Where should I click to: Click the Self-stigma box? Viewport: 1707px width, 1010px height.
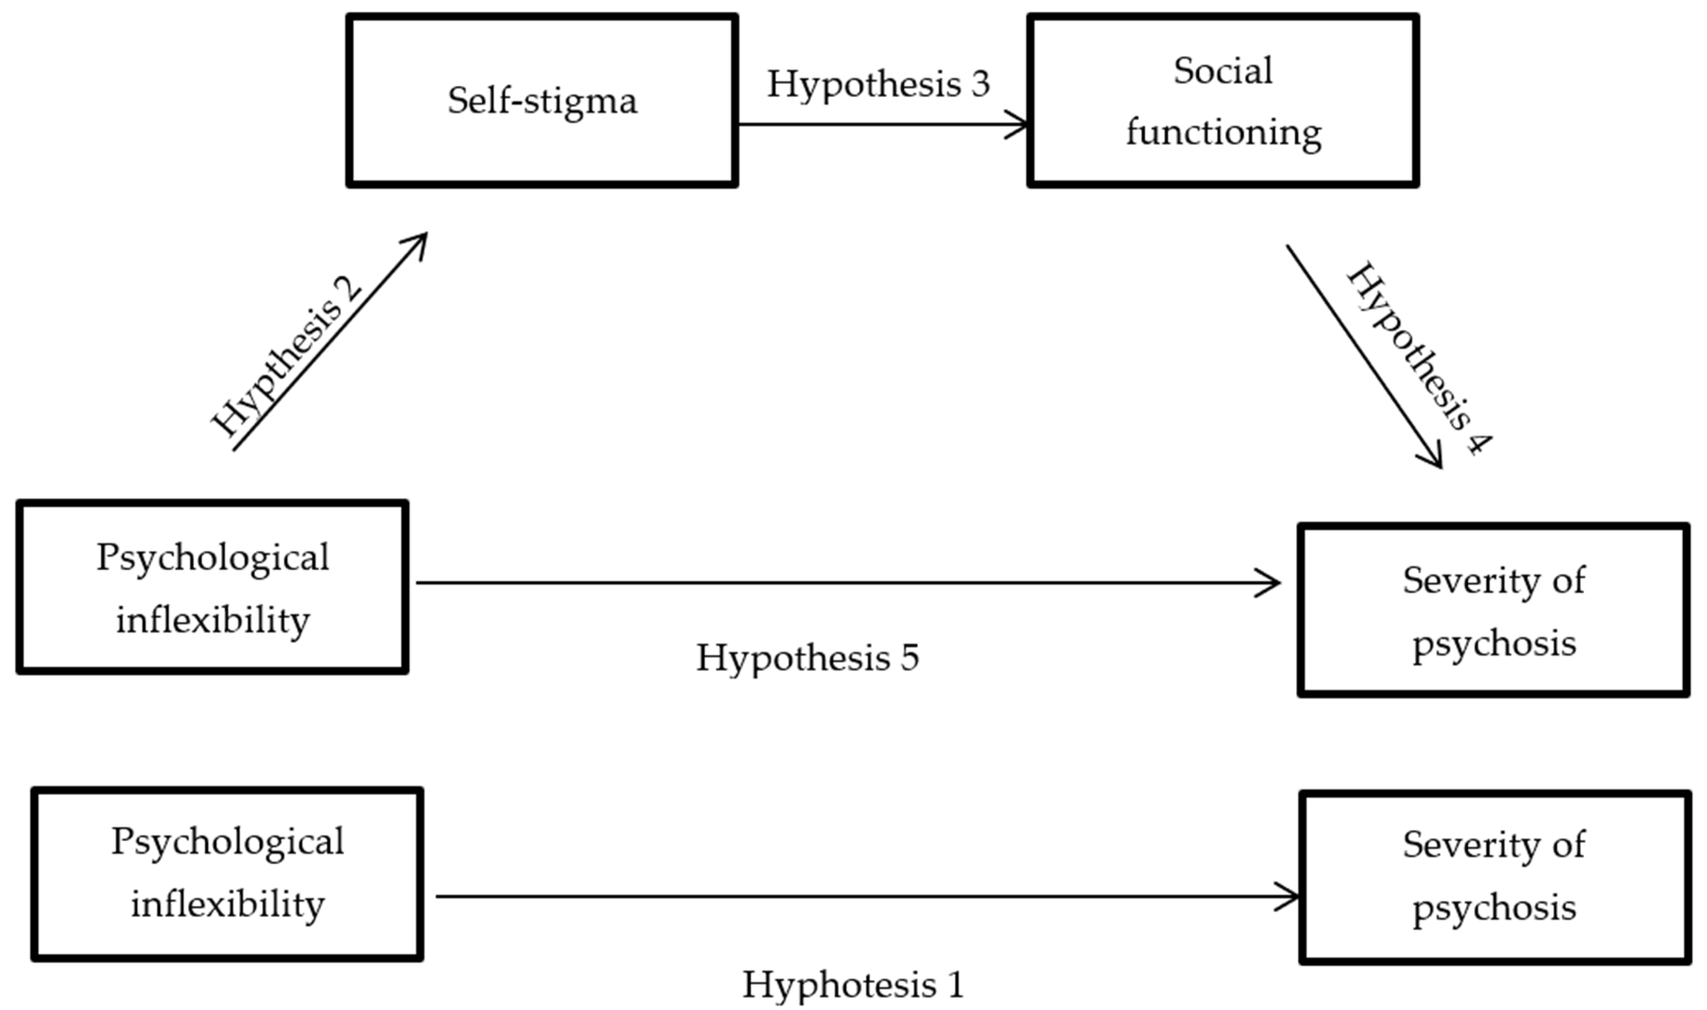point(542,100)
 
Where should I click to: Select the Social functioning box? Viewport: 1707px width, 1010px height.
point(1222,100)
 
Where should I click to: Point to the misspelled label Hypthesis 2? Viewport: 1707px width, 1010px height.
point(286,357)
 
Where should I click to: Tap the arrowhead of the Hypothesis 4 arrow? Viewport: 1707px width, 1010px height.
point(1433,460)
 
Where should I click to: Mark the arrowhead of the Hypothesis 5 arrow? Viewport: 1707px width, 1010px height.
point(1269,583)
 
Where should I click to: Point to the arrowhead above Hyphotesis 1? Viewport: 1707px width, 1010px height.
point(1289,896)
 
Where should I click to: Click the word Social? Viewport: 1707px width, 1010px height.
point(1222,71)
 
